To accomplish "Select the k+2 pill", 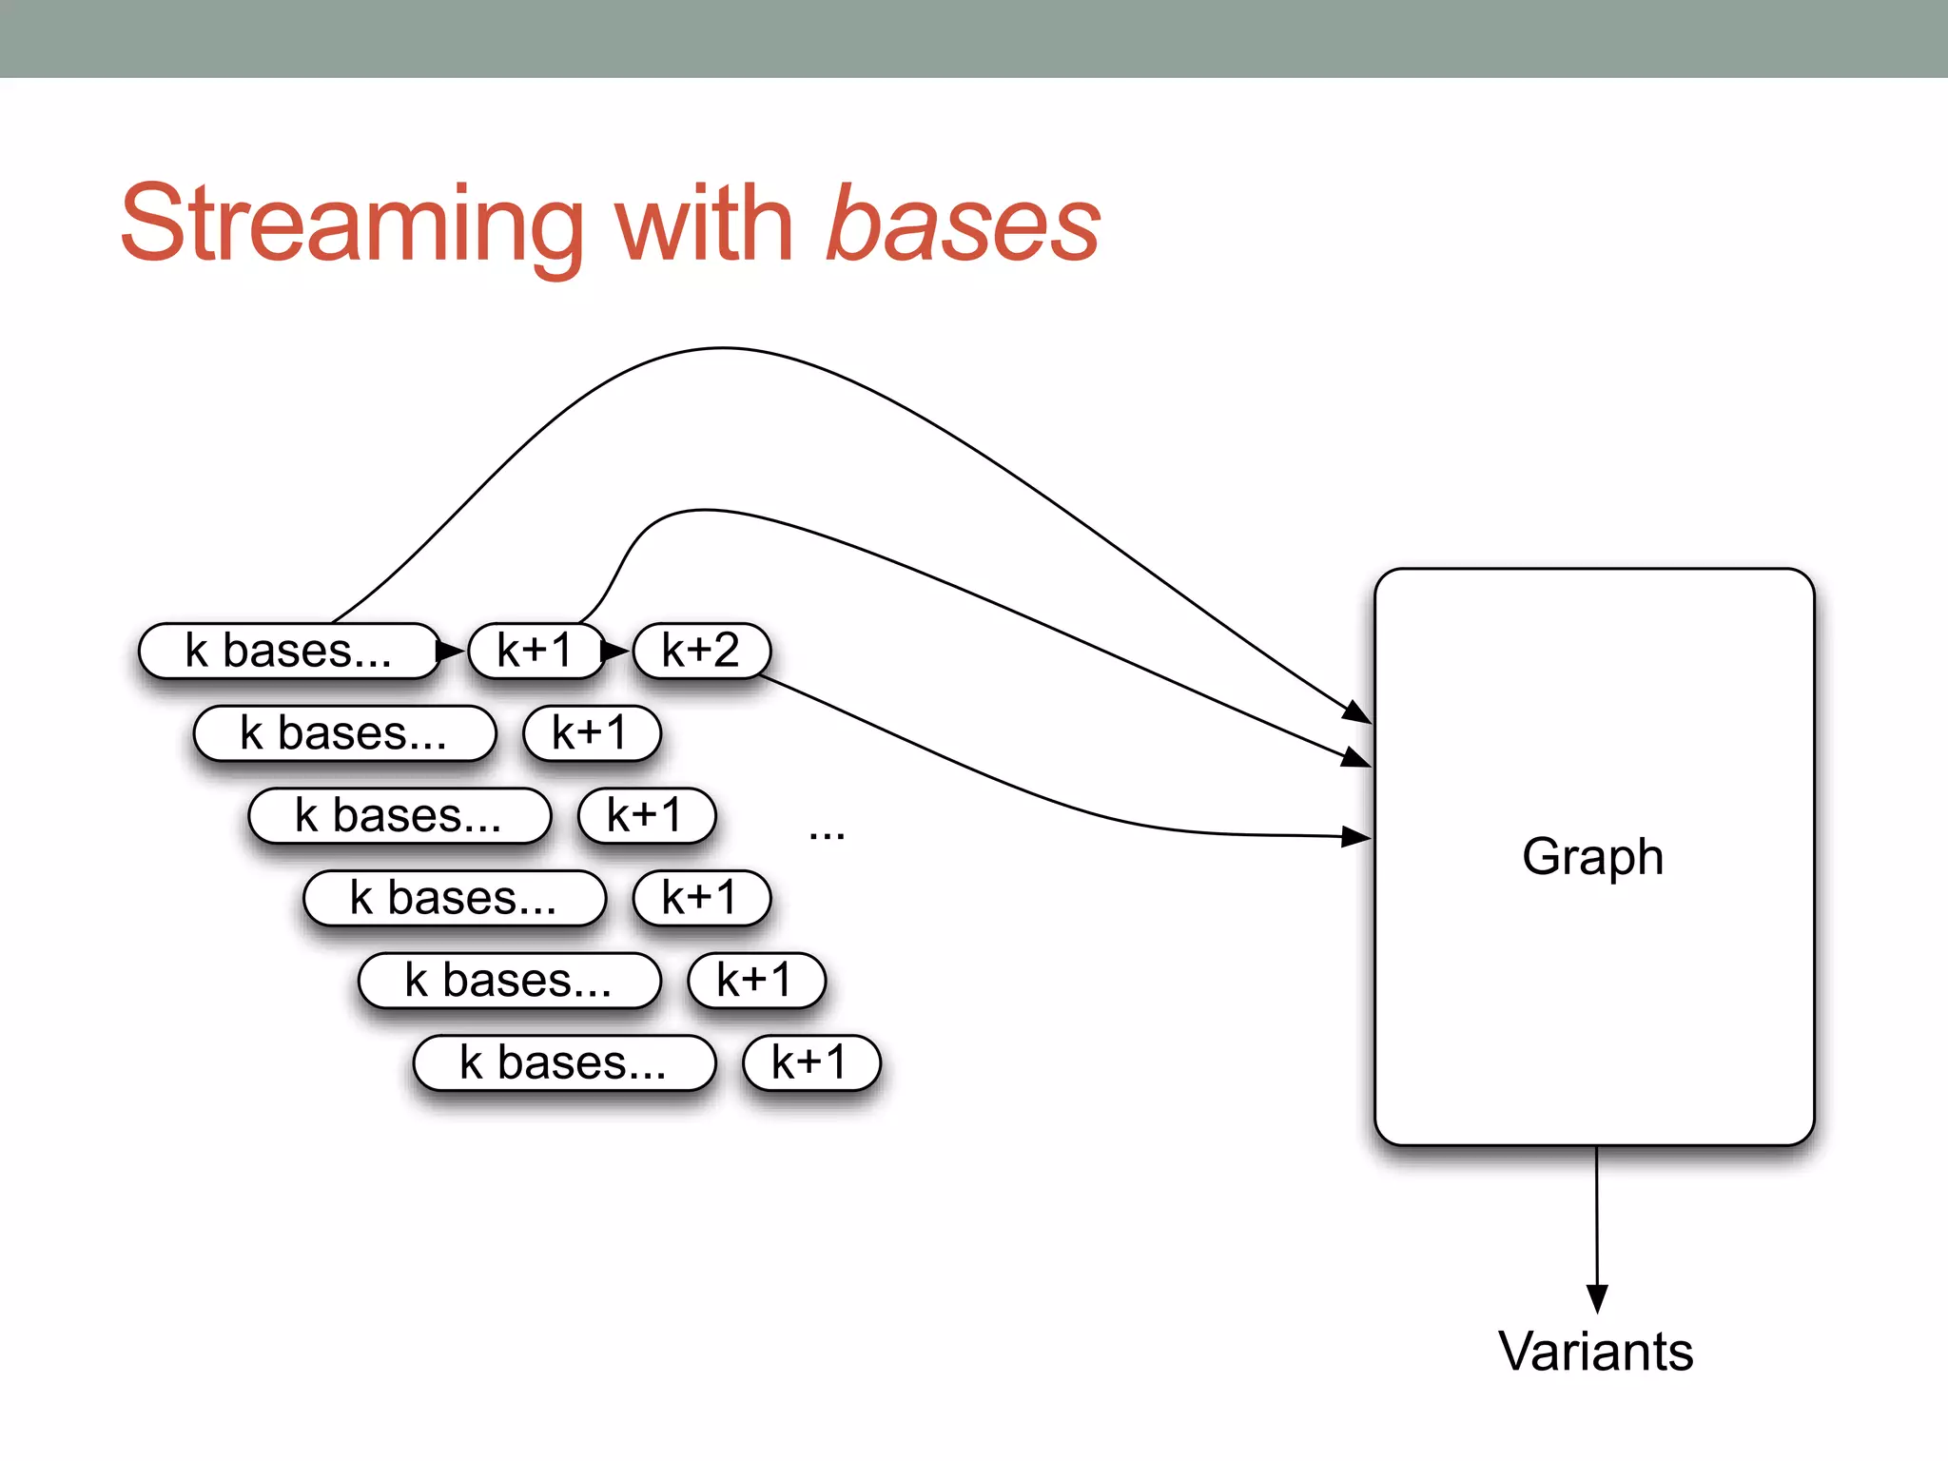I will (x=701, y=652).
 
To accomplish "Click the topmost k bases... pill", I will (x=288, y=652).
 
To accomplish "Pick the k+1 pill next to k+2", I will (x=536, y=652).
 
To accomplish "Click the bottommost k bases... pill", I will (x=563, y=1062).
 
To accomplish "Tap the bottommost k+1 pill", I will (x=810, y=1062).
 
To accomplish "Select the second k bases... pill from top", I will (x=343, y=733).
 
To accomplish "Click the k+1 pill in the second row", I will (x=591, y=733).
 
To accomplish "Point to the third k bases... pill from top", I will (x=399, y=816).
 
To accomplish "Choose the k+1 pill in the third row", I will (x=646, y=816).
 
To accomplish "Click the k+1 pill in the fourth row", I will (x=701, y=898).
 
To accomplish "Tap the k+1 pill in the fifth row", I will (x=756, y=981).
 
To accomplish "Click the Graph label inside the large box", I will (x=1593, y=857).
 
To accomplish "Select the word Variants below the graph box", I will (x=1596, y=1352).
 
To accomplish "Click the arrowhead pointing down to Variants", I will (x=1597, y=1298).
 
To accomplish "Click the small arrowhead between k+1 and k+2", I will (x=614, y=652).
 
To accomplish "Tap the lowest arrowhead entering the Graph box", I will (x=1356, y=837).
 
